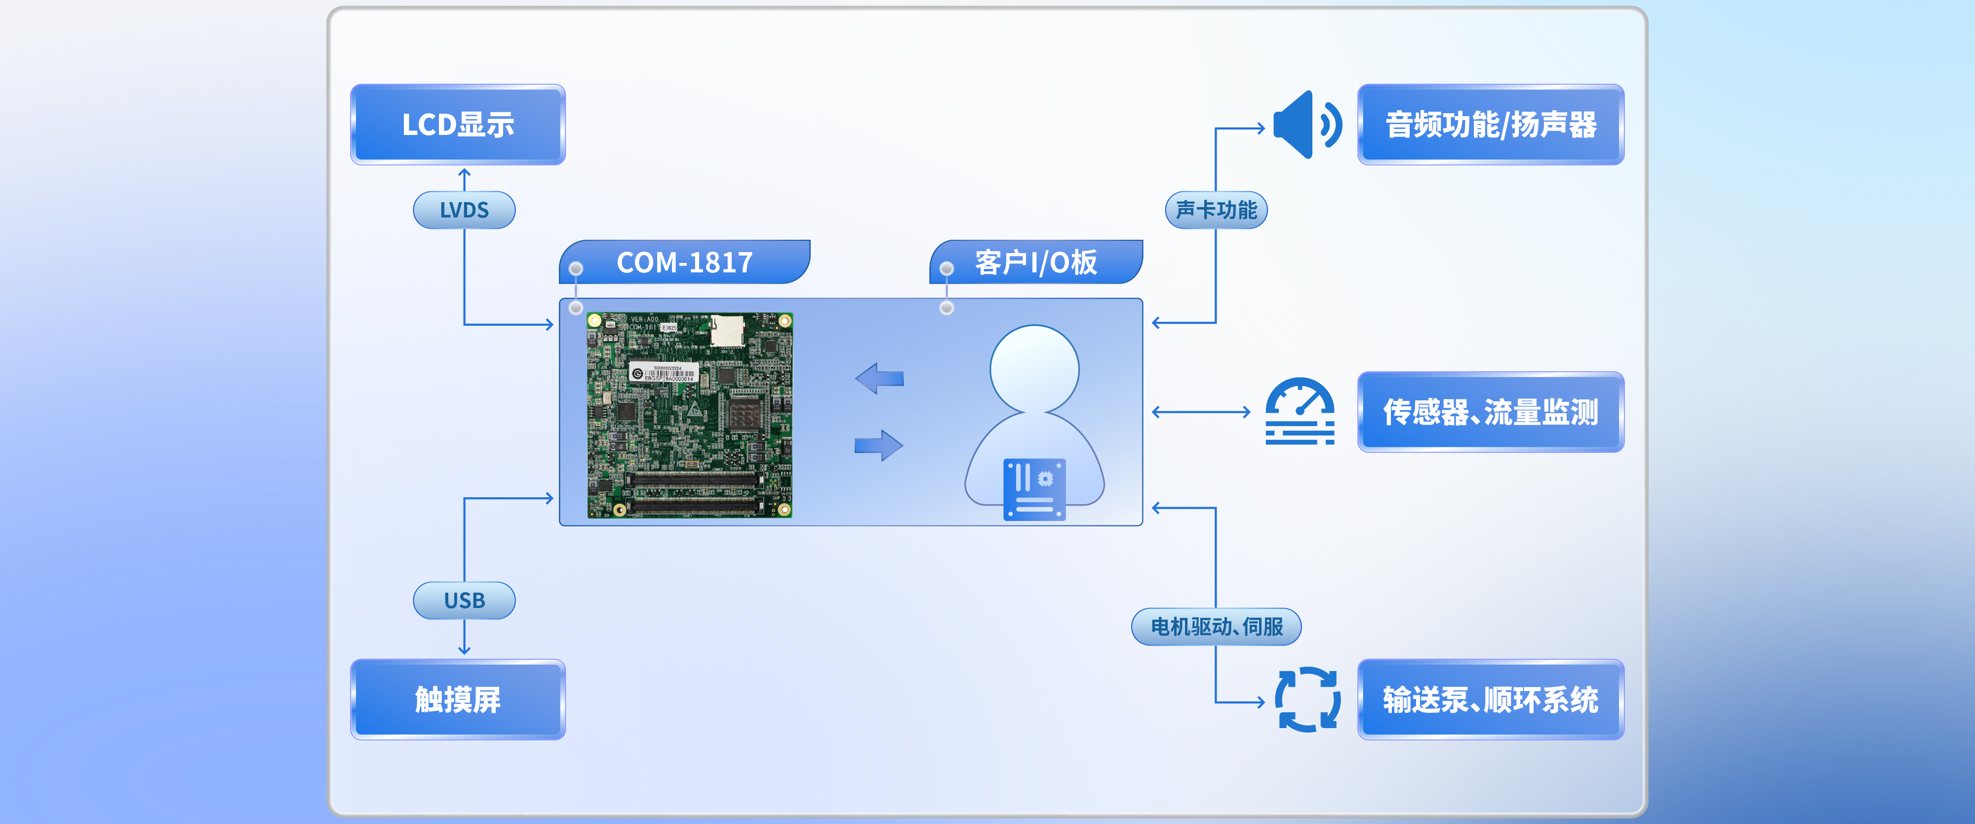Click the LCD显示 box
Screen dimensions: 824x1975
click(x=458, y=124)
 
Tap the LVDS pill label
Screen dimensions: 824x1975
click(x=464, y=210)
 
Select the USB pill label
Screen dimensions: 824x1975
click(x=464, y=600)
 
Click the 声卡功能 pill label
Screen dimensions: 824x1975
click(x=1216, y=210)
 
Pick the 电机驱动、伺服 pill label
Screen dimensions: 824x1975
click(x=1216, y=626)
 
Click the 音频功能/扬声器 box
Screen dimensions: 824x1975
click(x=1491, y=124)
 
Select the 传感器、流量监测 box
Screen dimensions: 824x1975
click(x=1491, y=412)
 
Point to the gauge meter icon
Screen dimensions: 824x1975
click(x=1300, y=410)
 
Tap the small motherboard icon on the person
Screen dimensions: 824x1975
click(x=1034, y=489)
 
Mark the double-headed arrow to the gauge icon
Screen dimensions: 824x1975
click(x=1201, y=412)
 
